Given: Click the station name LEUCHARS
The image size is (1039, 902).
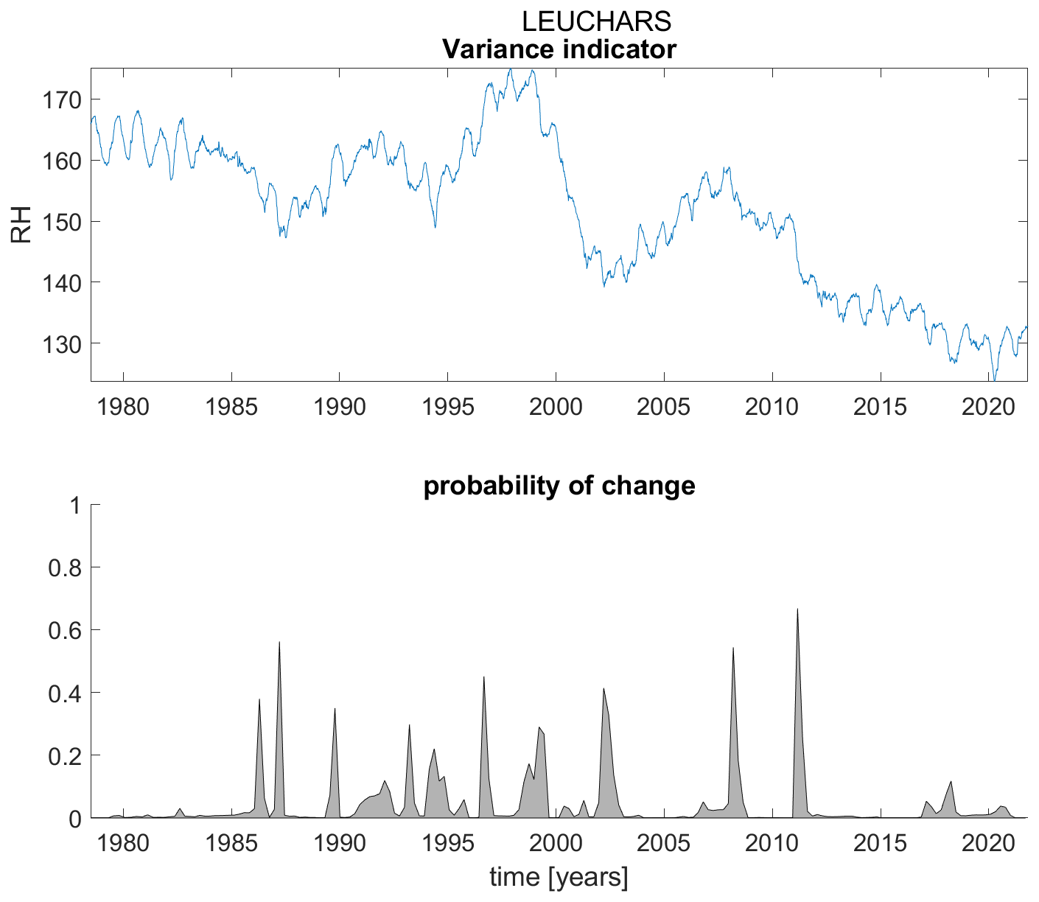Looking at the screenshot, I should click(596, 21).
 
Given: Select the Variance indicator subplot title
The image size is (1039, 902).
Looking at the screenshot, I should click(559, 49).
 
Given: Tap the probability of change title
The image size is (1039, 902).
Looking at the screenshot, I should click(559, 486).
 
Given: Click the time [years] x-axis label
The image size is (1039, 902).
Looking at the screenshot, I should click(559, 878).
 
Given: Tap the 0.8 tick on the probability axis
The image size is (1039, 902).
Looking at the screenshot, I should click(65, 567).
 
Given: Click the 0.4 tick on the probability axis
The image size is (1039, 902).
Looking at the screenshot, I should click(65, 693).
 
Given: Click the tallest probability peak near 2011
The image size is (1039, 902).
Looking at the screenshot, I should click(797, 609).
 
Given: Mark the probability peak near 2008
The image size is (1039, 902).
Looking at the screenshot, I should click(733, 648).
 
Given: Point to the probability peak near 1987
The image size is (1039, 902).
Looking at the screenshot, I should click(279, 643).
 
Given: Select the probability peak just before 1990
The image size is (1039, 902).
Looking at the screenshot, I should click(335, 709).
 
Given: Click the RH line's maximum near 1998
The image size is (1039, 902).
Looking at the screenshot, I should click(510, 69).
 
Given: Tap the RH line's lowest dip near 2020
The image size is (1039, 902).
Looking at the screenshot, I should click(994, 380).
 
